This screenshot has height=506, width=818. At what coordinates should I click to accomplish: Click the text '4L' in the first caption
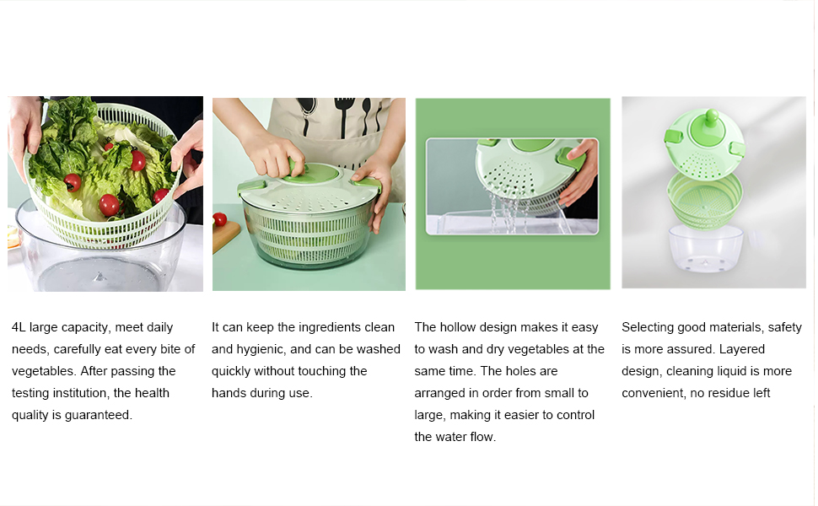pos(19,327)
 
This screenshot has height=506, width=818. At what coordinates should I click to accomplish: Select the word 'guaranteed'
pos(100,415)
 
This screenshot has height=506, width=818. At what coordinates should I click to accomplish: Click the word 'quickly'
pos(231,371)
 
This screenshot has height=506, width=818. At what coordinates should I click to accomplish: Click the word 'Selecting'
pos(648,327)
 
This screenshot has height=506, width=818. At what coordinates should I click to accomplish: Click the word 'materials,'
pos(735,327)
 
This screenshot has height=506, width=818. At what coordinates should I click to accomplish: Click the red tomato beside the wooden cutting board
pos(220,219)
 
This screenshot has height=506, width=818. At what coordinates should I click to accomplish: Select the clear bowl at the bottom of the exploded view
pos(705,252)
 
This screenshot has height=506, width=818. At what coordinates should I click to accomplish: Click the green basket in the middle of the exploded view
pos(705,198)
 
